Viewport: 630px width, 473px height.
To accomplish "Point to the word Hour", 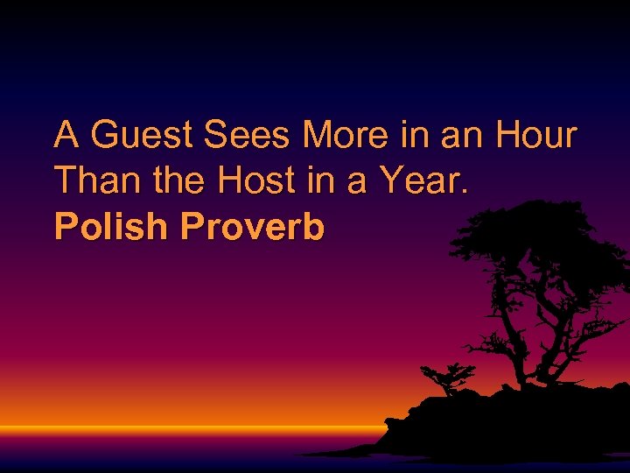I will tap(535, 136).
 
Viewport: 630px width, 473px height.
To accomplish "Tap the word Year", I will tap(425, 181).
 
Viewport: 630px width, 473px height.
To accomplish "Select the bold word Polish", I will tap(110, 227).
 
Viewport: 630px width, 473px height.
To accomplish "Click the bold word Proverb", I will tap(253, 227).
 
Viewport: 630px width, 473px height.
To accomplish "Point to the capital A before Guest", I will tap(66, 136).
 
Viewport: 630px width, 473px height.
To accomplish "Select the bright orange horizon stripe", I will tap(175, 430).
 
